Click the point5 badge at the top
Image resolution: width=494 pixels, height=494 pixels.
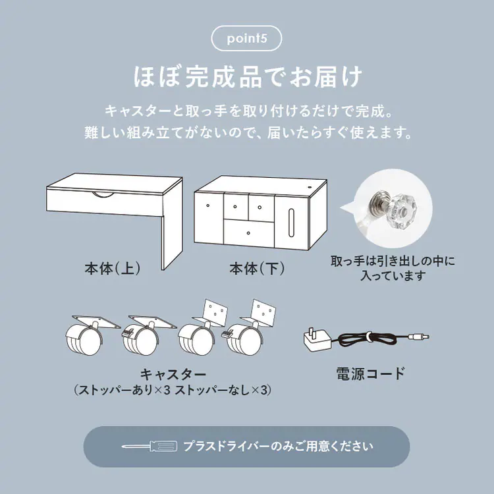coord(246,38)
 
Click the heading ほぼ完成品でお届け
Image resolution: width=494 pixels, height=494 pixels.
coord(246,76)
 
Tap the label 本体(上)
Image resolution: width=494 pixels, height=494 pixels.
coord(112,269)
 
